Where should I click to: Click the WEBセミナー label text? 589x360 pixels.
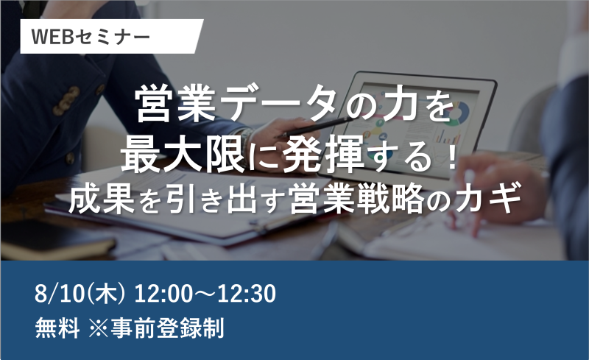(x=91, y=37)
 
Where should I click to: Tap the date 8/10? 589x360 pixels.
(x=60, y=294)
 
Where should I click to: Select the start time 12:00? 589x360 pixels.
(x=163, y=294)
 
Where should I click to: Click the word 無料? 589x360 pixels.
(x=57, y=328)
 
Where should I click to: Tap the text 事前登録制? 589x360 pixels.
(x=167, y=328)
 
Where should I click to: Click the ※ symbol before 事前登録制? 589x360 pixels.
(x=99, y=328)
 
